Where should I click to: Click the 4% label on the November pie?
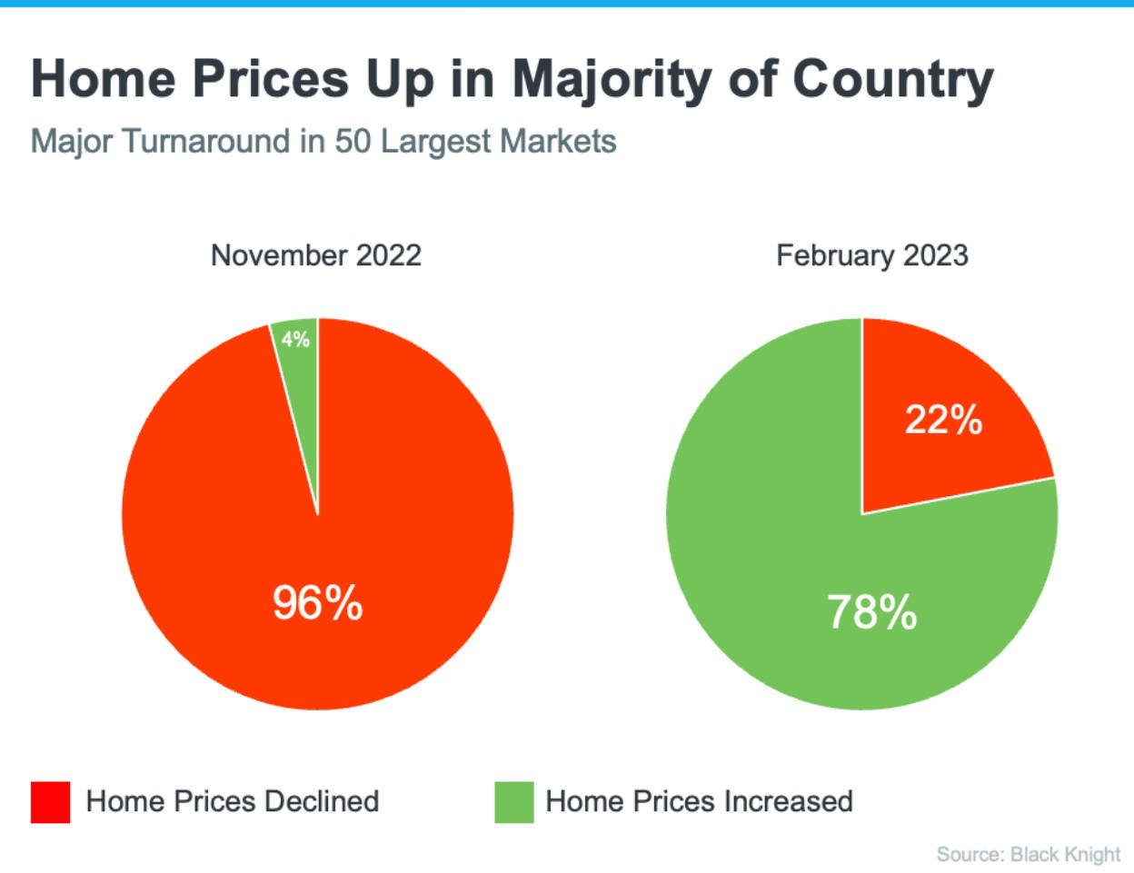(x=295, y=340)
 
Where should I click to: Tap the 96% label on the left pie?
(x=317, y=602)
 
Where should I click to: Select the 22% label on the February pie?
(x=943, y=420)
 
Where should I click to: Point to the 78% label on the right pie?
(x=871, y=611)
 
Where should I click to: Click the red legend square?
(x=51, y=802)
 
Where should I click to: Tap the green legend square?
(x=514, y=802)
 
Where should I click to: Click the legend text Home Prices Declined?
(x=233, y=801)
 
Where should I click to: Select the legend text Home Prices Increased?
(x=699, y=801)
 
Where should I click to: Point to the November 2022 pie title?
(x=316, y=255)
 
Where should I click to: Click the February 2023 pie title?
(x=871, y=255)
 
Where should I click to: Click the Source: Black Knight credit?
(x=1028, y=854)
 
